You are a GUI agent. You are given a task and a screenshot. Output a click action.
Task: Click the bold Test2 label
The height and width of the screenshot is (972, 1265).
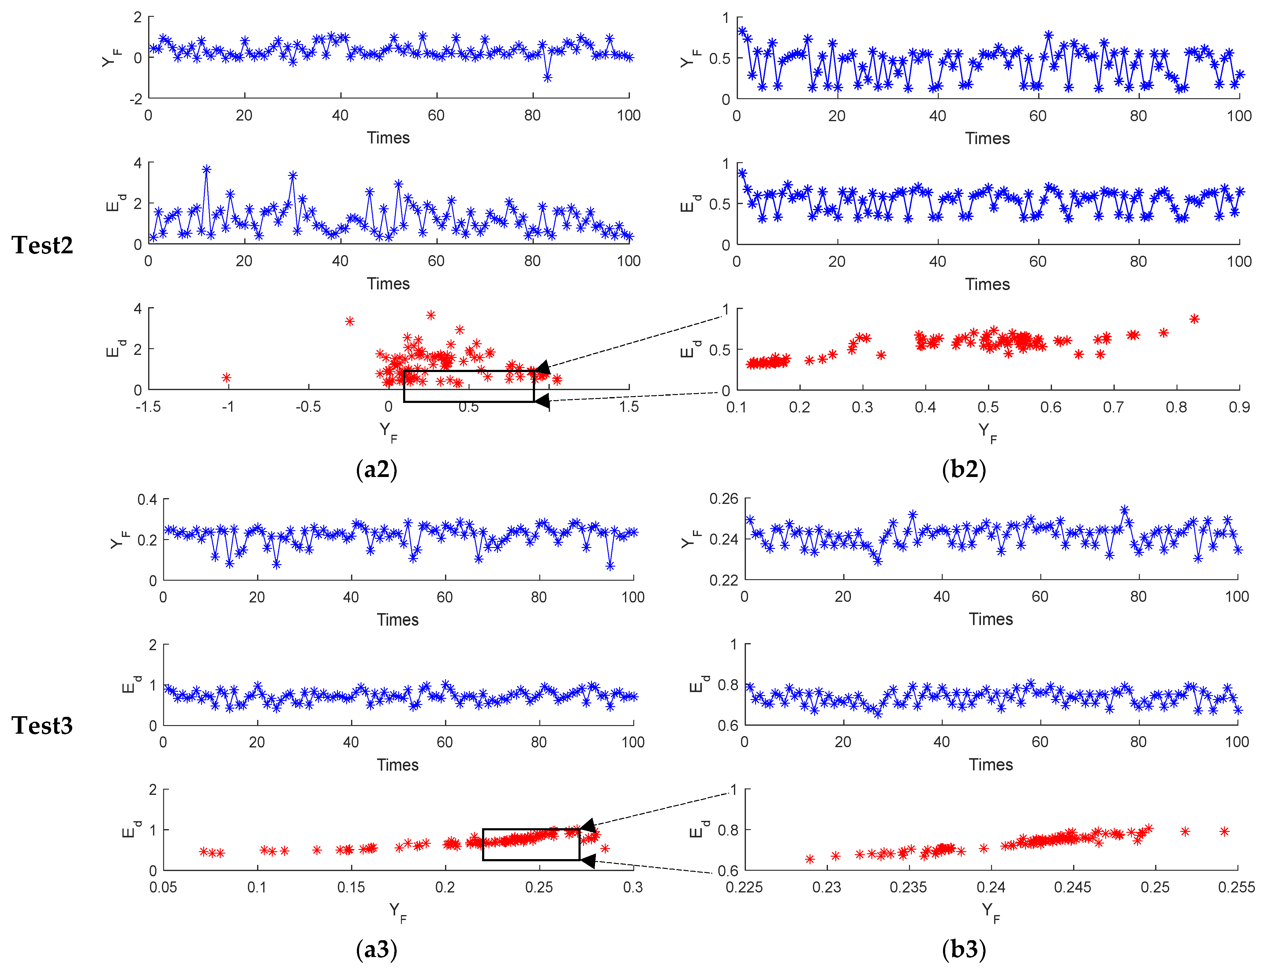[42, 245]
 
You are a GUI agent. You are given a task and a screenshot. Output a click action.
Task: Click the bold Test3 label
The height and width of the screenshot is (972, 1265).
[42, 725]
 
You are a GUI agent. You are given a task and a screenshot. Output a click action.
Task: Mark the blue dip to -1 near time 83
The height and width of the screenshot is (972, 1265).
[547, 77]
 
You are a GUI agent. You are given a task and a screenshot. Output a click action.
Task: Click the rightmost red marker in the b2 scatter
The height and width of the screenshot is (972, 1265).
[1194, 319]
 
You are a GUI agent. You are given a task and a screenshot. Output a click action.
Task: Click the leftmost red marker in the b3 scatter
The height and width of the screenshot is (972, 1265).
[810, 859]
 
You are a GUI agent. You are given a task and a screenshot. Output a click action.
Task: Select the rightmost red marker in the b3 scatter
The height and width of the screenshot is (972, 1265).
[1224, 831]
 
